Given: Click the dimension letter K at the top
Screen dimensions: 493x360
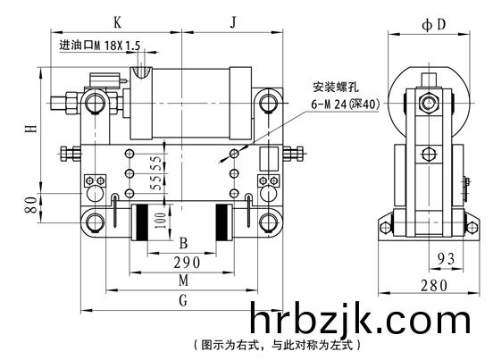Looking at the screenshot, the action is coord(117,22).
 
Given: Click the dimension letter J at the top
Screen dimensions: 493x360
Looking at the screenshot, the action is coord(233,22).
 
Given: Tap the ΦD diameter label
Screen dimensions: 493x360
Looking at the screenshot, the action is coord(434,24).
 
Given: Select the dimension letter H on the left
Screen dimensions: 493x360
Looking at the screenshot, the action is coord(31,129).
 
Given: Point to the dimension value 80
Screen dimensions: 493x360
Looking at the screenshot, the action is coord(31,205).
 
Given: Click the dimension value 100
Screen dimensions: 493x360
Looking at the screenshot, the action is coord(160,221).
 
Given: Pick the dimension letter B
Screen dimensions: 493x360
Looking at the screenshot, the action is coord(183,243).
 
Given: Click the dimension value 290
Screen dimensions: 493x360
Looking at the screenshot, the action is coord(187,263).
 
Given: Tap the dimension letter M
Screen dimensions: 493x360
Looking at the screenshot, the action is coord(184,280).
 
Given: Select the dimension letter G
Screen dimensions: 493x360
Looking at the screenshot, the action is coord(183,300).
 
